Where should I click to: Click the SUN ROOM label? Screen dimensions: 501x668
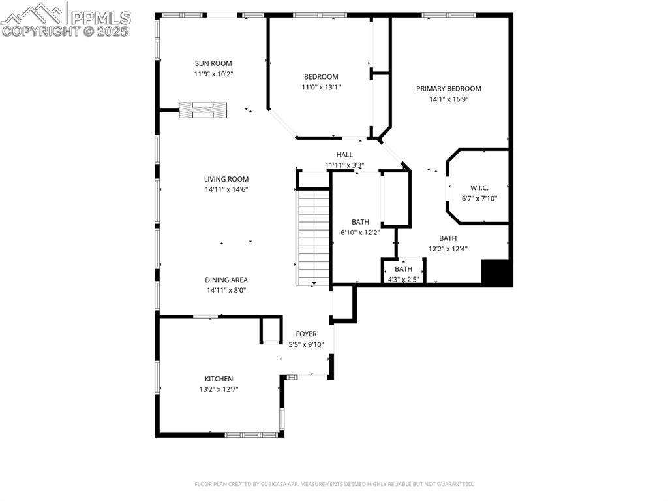point(213,63)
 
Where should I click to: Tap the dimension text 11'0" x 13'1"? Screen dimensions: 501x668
point(320,87)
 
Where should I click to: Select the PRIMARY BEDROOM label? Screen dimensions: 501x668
point(449,89)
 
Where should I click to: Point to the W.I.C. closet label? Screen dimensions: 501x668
point(479,188)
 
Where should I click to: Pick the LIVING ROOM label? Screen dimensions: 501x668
point(226,179)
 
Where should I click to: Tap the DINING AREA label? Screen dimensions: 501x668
point(226,280)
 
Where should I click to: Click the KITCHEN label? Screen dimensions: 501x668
point(219,379)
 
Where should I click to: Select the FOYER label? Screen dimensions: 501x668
point(306,334)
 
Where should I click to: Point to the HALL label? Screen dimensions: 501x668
point(344,155)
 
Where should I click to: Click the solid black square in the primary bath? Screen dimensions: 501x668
point(496,272)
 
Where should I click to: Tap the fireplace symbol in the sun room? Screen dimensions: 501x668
point(204,110)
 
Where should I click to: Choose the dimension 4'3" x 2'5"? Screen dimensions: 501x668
point(403,279)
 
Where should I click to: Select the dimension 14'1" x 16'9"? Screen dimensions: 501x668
point(449,99)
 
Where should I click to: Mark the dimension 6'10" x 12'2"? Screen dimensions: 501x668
point(360,233)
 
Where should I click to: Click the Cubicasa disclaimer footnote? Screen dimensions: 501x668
point(334,484)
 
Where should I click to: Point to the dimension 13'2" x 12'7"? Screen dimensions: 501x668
point(219,389)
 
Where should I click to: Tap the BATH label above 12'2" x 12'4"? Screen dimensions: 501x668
point(448,238)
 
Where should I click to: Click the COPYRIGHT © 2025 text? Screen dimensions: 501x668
point(65,31)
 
